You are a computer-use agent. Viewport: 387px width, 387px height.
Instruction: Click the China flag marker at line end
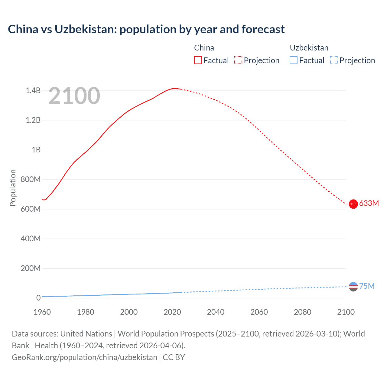coord(353,204)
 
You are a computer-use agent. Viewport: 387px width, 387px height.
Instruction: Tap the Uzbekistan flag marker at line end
coord(353,286)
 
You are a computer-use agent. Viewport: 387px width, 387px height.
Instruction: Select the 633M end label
coord(369,203)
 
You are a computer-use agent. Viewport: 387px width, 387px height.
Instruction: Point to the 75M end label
coord(367,286)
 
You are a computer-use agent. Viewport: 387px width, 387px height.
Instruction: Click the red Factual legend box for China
coord(198,60)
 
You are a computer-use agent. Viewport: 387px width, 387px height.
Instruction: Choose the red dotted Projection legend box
coord(238,60)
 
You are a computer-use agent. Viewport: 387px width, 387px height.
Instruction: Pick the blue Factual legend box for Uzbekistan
coord(294,60)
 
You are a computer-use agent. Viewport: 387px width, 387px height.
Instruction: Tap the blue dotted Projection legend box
coord(334,60)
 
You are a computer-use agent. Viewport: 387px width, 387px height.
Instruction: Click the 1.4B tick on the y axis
coord(33,90)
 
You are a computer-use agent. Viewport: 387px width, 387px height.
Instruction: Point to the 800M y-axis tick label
coord(31,179)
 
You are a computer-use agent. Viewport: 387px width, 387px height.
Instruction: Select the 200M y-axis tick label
coord(31,268)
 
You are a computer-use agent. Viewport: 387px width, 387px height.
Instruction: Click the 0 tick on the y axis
coord(38,298)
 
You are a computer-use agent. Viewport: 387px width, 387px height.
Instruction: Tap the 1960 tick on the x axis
coord(42,312)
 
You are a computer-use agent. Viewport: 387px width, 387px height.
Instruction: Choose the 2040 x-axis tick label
coord(216,312)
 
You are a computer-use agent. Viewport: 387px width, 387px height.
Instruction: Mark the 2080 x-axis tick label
coord(302,312)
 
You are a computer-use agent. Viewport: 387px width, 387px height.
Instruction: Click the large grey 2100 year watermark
coord(74,96)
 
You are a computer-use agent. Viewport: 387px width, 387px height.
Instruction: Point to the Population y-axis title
coord(13,188)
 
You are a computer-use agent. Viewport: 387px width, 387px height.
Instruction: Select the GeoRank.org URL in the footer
coord(84,357)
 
